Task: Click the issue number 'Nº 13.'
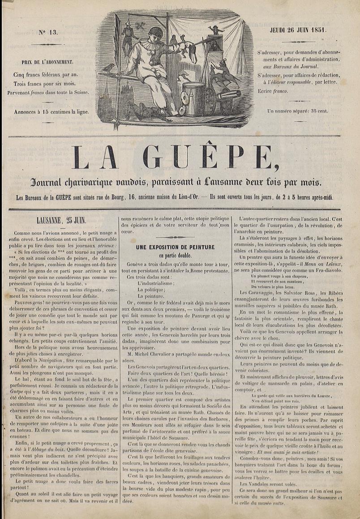48,32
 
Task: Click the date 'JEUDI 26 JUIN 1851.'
298,30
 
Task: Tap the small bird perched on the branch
108,68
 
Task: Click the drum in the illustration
193,98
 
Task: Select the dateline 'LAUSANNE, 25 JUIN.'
61,220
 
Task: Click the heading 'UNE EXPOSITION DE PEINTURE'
176,247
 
